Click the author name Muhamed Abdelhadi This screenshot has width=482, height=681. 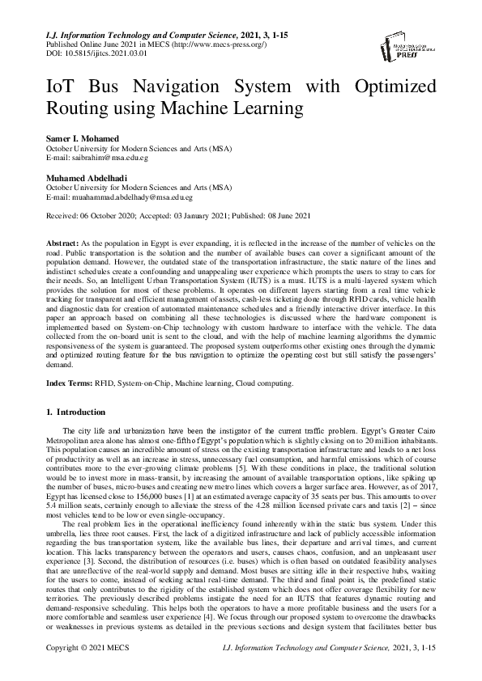tap(80, 176)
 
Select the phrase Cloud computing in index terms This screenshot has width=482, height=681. tap(271, 383)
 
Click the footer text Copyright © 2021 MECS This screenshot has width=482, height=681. tap(86, 671)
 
